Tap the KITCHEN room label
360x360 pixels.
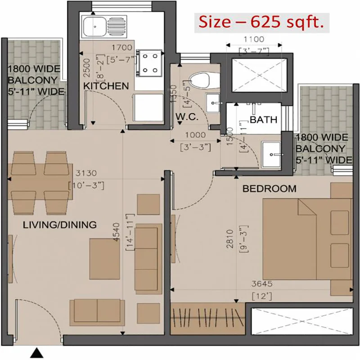coord(106,85)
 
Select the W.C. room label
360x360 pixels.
coord(184,116)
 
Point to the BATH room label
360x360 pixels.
coord(263,120)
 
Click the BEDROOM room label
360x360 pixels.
coord(270,189)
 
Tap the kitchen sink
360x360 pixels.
coord(103,26)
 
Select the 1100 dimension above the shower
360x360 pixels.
coord(254,39)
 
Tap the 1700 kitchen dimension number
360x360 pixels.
coord(121,47)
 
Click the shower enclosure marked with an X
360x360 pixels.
coord(255,75)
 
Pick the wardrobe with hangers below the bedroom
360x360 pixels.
coord(207,319)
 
